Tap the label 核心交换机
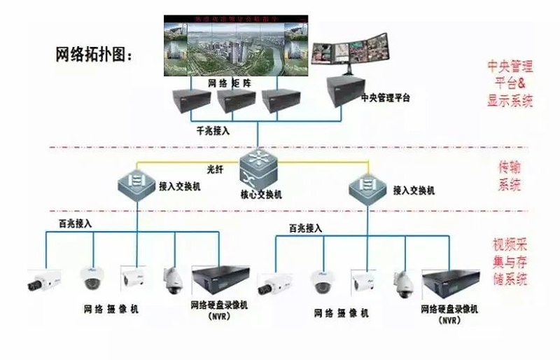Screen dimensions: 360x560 pyautogui.click(x=260, y=195)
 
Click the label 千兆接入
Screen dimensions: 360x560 pyautogui.click(x=213, y=131)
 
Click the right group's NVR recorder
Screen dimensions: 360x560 pyautogui.click(x=449, y=282)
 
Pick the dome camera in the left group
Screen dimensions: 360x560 pyautogui.click(x=92, y=278)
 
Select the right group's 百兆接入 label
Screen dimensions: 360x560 pyautogui.click(x=305, y=228)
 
